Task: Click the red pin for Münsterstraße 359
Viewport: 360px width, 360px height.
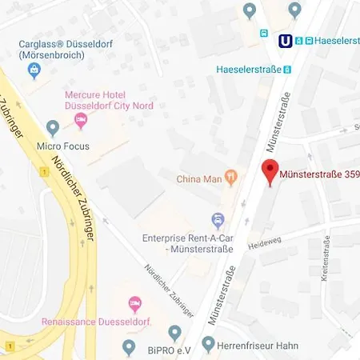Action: (x=270, y=171)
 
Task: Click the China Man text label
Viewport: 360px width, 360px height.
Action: (x=200, y=178)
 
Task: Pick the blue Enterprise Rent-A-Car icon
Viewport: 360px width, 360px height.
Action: (x=217, y=219)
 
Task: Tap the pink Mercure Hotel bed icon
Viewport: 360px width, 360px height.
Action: (x=80, y=120)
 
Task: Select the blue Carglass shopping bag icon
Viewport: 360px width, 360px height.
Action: (x=34, y=71)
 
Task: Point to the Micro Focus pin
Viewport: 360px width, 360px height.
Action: (x=53, y=126)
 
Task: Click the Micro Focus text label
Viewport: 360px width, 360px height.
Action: (x=64, y=146)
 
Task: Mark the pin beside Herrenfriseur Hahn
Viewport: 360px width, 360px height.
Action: (x=209, y=346)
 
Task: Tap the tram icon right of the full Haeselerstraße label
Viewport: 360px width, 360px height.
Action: (x=288, y=70)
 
